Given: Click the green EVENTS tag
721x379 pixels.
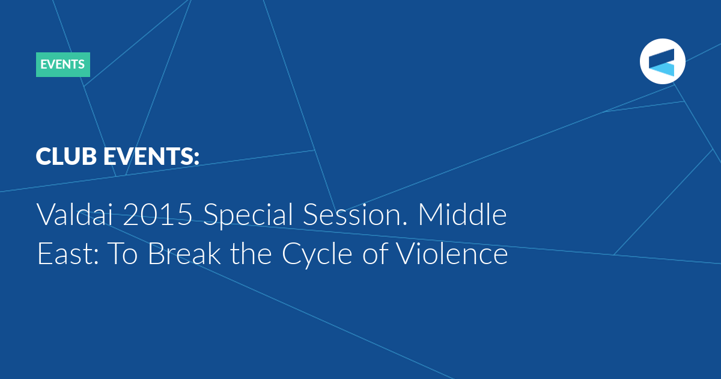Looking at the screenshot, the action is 62,64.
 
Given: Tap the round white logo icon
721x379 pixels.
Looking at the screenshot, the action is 662,61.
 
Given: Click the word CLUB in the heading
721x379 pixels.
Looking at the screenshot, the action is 66,156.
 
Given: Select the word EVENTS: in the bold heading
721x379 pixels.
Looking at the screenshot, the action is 151,156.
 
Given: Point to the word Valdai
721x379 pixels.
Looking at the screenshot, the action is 75,214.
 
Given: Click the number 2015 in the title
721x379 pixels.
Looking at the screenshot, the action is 157,214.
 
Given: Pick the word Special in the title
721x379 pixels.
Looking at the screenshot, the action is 248,215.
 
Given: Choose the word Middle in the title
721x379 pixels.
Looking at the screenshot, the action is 462,214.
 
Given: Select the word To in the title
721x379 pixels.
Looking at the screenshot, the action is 123,254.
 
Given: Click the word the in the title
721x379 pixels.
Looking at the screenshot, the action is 251,253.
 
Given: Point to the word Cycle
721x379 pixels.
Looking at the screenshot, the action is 317,255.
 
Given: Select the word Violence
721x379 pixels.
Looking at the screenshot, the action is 451,253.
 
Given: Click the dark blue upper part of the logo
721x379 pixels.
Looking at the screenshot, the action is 662,57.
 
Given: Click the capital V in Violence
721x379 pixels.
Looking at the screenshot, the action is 406,254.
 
